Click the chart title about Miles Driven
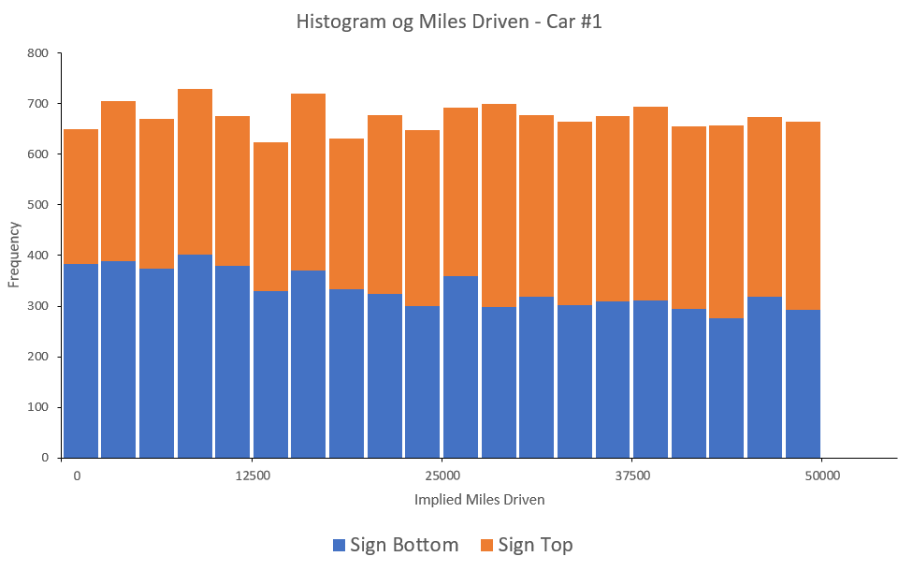(x=449, y=22)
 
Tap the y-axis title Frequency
(x=14, y=254)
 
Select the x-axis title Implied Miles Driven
(x=479, y=500)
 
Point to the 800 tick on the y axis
(x=37, y=53)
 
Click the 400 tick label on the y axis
(x=37, y=256)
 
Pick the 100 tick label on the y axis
(x=37, y=407)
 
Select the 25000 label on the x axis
(x=442, y=476)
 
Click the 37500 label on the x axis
(x=632, y=476)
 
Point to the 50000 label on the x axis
(x=822, y=476)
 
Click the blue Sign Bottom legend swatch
(x=339, y=545)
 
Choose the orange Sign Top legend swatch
(x=486, y=545)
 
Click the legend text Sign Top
(x=535, y=545)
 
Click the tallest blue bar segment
(x=195, y=356)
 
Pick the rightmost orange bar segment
(x=803, y=215)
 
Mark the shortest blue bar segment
(x=727, y=388)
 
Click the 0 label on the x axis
(x=77, y=476)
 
